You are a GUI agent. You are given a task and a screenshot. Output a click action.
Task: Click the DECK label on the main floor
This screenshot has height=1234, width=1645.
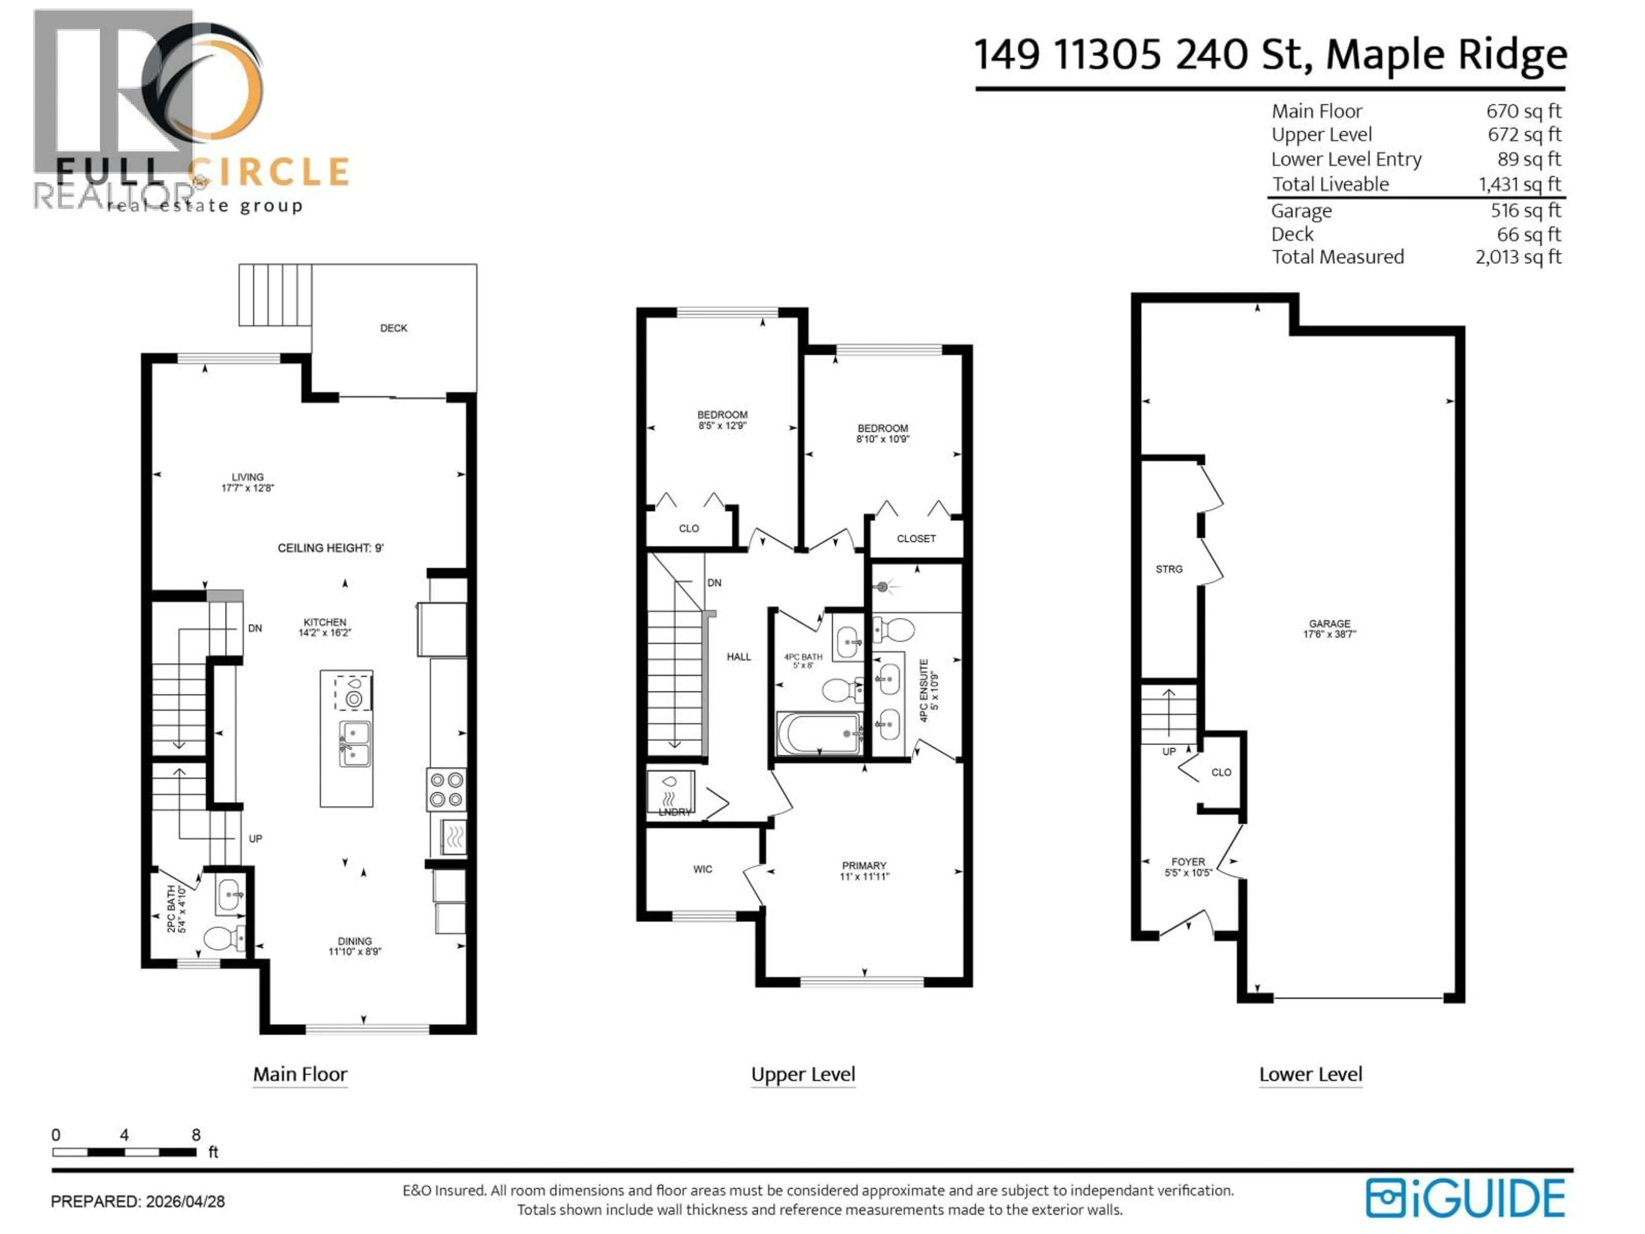pos(393,328)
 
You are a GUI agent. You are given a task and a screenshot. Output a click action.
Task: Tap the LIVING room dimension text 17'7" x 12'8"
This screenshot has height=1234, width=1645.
pos(248,488)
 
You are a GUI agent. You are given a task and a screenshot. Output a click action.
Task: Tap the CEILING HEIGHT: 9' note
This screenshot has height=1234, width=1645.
pos(330,548)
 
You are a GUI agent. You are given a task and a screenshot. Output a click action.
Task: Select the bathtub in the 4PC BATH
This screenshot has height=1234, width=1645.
pos(819,734)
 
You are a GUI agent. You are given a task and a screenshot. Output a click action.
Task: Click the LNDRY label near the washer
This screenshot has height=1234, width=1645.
pos(675,812)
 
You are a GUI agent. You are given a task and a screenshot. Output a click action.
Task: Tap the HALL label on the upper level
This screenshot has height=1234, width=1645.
pos(739,657)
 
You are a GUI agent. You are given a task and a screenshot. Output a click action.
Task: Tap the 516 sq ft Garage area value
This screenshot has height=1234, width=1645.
pos(1525,210)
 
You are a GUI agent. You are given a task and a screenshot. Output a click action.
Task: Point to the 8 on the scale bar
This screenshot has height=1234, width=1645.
pos(196,1135)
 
